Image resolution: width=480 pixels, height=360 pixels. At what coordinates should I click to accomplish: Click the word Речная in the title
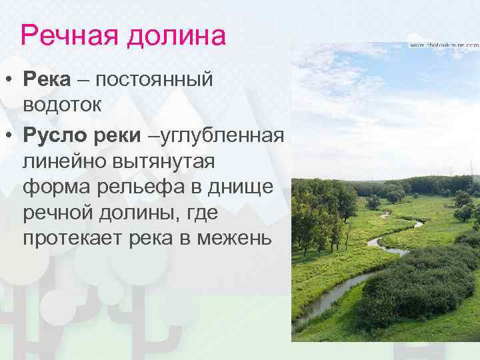click(65, 35)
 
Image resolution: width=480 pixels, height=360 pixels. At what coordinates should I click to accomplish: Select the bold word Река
click(47, 80)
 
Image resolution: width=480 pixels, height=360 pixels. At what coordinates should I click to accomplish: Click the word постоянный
click(154, 80)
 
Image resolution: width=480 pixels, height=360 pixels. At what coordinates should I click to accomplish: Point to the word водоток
click(63, 105)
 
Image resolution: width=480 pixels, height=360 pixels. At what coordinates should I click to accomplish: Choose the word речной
click(57, 213)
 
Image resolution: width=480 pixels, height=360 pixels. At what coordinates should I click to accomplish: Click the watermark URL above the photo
click(443, 45)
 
